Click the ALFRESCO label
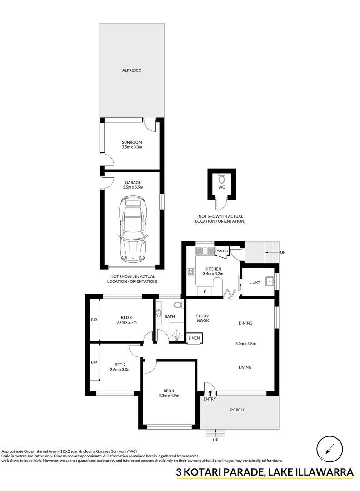point(132,70)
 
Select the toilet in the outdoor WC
point(222,179)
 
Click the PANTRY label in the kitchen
point(222,251)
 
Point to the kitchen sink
point(204,251)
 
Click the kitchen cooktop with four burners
point(191,272)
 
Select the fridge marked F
point(205,291)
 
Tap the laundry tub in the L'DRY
point(269,281)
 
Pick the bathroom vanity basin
point(158,312)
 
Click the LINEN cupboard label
point(194,338)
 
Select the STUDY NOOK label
point(203,318)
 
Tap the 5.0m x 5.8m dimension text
point(246,344)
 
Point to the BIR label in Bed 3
point(94,320)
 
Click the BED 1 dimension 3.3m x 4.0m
point(169,396)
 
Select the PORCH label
point(237,410)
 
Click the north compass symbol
point(330,449)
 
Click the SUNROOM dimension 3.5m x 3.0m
point(132,147)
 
